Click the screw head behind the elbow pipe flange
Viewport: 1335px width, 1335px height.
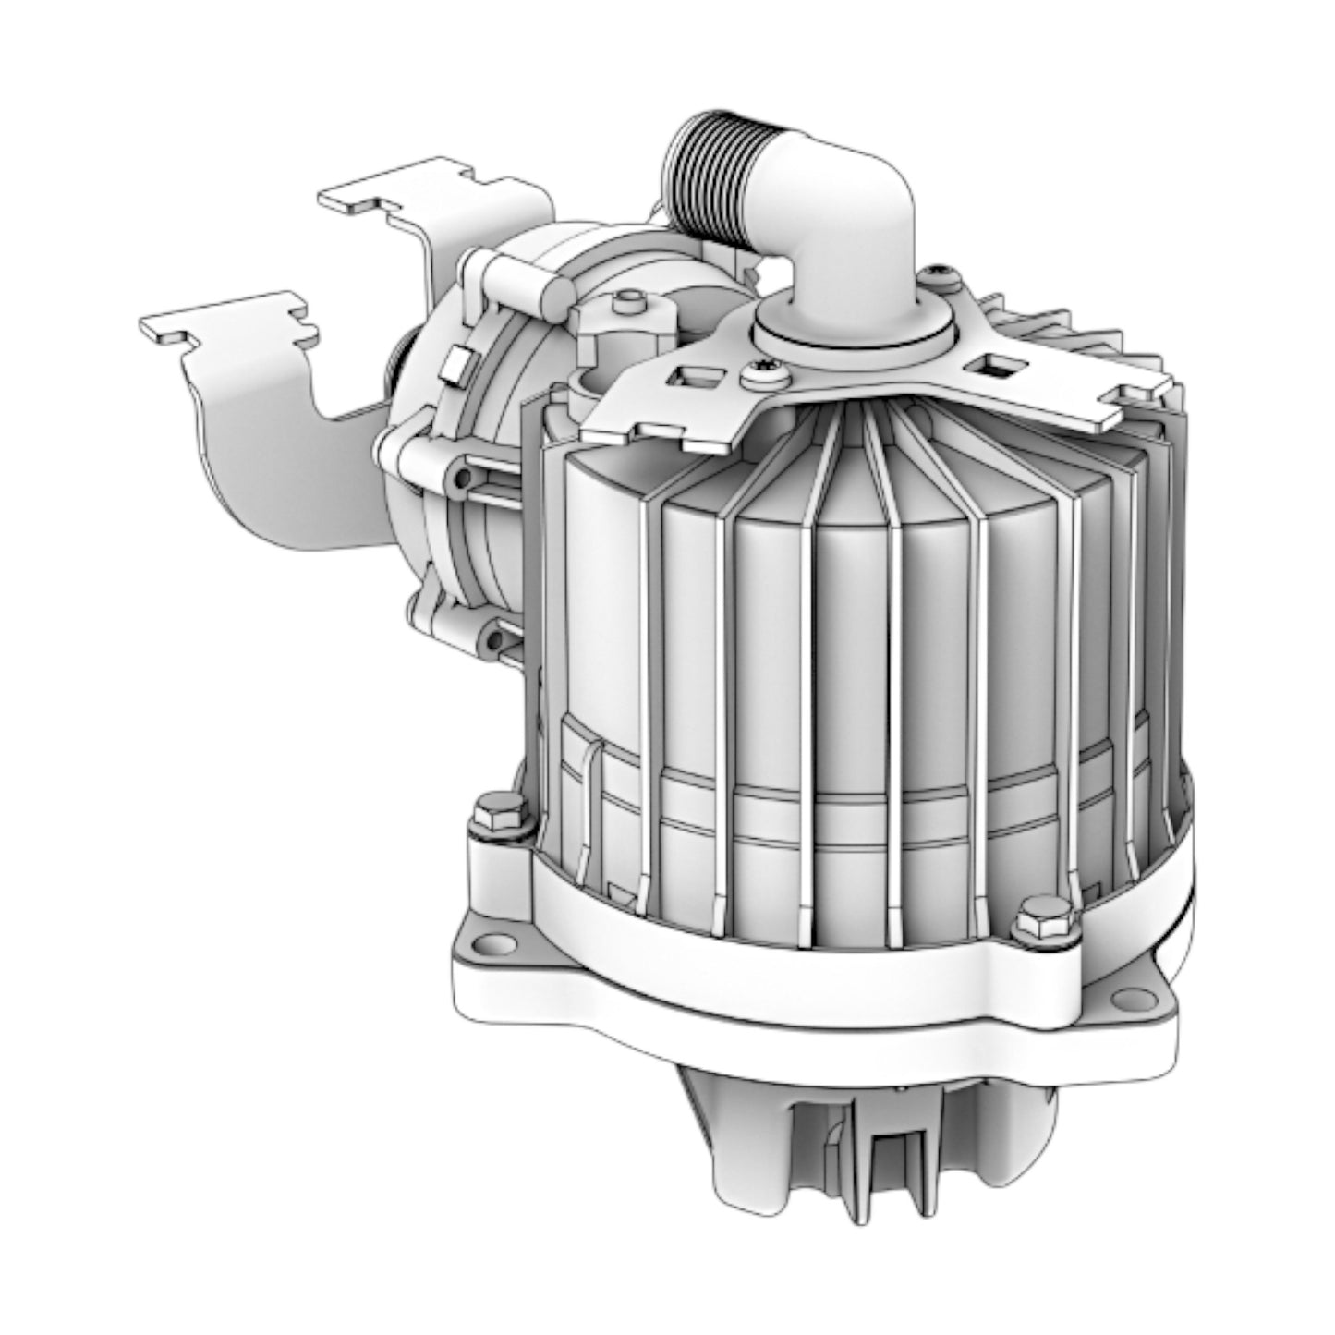tap(941, 273)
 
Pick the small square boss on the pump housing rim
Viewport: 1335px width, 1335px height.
tap(455, 364)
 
